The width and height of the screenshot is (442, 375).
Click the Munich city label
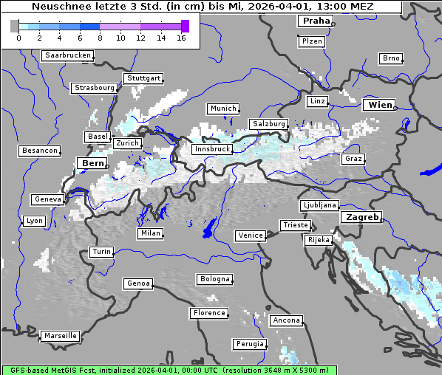click(223, 109)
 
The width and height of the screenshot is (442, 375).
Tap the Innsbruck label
click(211, 149)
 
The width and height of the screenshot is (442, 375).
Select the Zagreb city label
click(361, 218)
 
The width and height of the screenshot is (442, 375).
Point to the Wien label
click(381, 106)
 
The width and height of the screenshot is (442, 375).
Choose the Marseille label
click(61, 336)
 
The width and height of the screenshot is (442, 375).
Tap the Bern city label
click(93, 163)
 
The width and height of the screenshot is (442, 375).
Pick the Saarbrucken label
click(68, 55)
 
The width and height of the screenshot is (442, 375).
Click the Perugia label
click(250, 344)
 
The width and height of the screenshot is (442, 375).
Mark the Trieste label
click(294, 225)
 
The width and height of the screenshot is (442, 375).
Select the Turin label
click(101, 252)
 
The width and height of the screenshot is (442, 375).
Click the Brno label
click(391, 58)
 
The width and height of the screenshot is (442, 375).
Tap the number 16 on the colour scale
click(182, 38)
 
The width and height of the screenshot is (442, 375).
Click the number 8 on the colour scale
click(100, 38)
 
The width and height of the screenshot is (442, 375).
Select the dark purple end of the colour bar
click(185, 27)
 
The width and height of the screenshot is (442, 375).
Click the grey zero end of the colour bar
click(15, 27)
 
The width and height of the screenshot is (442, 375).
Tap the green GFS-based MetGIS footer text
click(169, 370)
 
